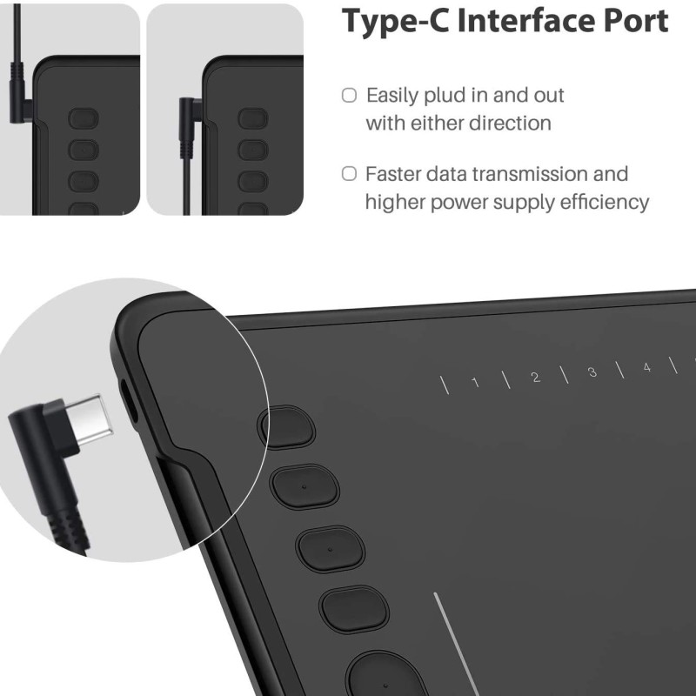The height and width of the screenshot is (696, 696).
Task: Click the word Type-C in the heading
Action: [x=395, y=21]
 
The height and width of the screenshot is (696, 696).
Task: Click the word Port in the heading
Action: [x=632, y=21]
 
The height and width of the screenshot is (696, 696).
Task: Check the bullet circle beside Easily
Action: [x=349, y=95]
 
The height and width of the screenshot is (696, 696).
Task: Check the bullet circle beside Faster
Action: [x=349, y=174]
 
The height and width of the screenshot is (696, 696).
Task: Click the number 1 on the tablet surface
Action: [x=474, y=381]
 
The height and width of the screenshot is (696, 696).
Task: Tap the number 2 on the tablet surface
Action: [x=535, y=377]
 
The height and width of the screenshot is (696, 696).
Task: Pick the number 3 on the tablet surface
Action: [x=592, y=372]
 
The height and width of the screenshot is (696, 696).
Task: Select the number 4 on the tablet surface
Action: [x=646, y=368]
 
